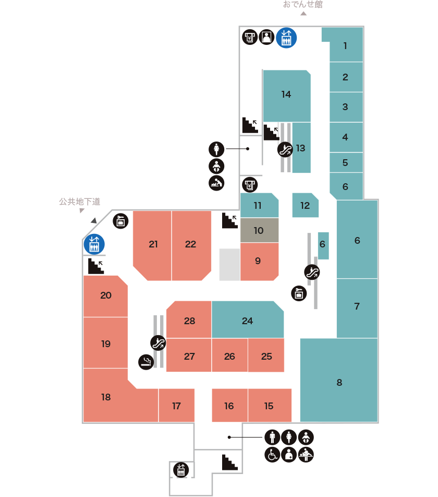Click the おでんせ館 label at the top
(303, 5)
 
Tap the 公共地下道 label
(79, 202)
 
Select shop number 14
(286, 95)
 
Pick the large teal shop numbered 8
(339, 383)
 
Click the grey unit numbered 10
(259, 230)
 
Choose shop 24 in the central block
(247, 321)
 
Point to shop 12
(305, 205)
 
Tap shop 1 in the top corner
(345, 45)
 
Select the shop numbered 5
(345, 162)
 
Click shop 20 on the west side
(106, 295)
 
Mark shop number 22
(191, 244)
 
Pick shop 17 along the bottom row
(176, 406)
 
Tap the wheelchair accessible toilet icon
(272, 454)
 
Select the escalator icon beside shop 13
(285, 150)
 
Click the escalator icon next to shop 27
(158, 342)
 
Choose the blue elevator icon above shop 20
(94, 244)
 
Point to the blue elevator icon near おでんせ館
(286, 38)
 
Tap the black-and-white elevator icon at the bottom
(181, 470)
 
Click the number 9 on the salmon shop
(258, 260)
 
